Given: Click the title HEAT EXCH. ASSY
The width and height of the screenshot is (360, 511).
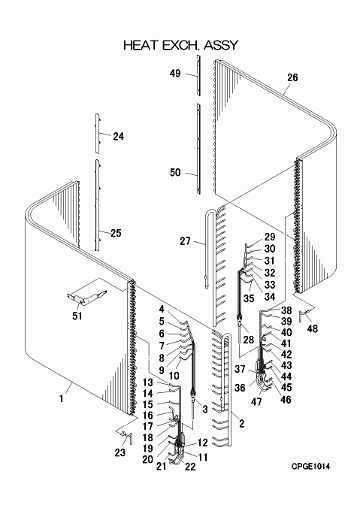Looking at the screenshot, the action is [181, 45].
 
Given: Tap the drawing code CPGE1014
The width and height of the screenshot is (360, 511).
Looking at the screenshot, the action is [310, 467].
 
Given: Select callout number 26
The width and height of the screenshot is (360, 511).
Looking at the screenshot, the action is [292, 77].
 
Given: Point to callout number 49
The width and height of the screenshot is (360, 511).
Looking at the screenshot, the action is [175, 74].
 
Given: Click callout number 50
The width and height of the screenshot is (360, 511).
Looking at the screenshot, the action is [175, 172].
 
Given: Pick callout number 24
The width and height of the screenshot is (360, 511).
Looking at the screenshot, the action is [119, 136].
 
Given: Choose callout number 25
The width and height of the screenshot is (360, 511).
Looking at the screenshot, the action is [116, 233].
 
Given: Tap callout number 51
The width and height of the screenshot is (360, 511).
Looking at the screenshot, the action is [77, 316].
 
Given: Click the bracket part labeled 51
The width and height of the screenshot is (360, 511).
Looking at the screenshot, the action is [86, 298].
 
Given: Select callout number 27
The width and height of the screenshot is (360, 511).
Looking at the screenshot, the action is [185, 241].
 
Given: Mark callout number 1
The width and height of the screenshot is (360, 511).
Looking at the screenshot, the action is [61, 398].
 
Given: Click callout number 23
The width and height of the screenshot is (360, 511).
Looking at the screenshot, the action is [120, 452].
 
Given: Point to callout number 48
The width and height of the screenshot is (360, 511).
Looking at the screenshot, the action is [313, 328].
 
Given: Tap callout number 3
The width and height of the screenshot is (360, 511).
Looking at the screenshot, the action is [205, 410].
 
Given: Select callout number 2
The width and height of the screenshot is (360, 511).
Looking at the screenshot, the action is [241, 424].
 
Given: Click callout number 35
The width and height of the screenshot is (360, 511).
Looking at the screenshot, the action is [249, 298].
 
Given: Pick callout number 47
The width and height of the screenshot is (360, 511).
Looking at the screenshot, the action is [256, 401].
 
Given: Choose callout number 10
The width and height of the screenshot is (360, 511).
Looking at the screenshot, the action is [174, 376].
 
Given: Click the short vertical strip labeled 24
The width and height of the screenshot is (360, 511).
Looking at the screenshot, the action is [98, 133].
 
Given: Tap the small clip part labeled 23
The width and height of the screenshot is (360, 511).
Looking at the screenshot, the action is [127, 437].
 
